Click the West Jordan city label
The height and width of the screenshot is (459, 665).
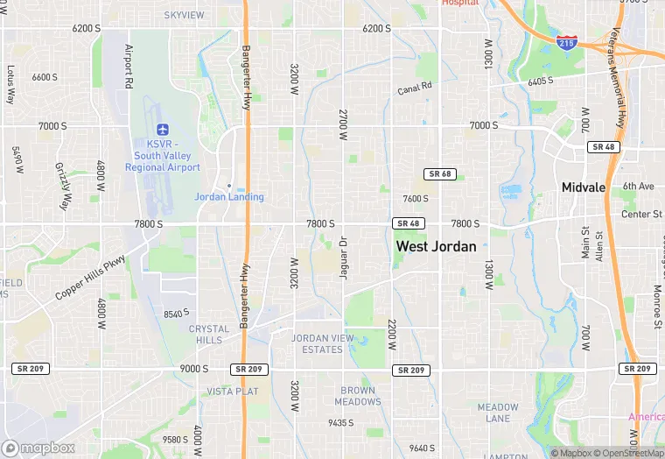[436, 246]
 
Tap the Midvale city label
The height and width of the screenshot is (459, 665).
[584, 187]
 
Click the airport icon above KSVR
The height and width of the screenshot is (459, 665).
[162, 130]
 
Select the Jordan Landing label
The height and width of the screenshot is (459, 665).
[228, 197]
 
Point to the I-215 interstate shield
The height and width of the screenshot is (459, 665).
[567, 42]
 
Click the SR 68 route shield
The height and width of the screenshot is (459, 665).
[439, 174]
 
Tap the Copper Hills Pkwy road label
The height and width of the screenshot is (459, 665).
[91, 278]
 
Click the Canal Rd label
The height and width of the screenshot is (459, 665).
[415, 88]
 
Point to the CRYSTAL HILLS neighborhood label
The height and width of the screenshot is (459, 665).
[210, 335]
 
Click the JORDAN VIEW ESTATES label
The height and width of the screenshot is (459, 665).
[322, 344]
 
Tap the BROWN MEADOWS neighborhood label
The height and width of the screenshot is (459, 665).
[358, 396]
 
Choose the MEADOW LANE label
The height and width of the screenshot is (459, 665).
[498, 413]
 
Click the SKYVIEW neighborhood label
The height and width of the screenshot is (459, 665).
[184, 16]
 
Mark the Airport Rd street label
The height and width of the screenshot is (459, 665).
[128, 67]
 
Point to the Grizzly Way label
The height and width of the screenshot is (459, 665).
[62, 187]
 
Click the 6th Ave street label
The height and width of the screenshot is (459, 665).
[638, 187]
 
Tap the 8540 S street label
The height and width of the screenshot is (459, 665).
[176, 314]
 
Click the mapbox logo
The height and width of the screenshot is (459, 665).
[38, 448]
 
